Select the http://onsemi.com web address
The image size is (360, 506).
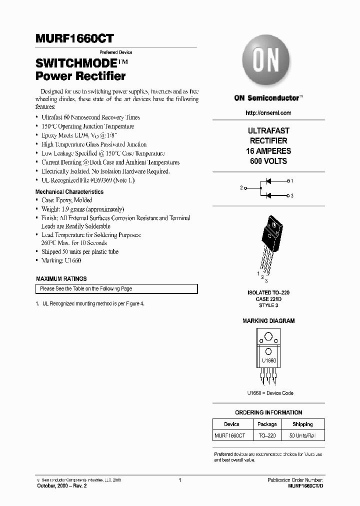coord(268,113)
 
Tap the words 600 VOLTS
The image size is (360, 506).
coord(268,161)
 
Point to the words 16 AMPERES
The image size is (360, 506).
coord(268,151)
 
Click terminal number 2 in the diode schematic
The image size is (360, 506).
coord(241,187)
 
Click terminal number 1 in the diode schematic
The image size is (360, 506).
coord(292,180)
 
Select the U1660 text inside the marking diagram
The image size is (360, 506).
coord(269,360)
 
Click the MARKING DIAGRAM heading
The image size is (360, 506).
coord(268,321)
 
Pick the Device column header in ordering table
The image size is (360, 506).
coord(231,424)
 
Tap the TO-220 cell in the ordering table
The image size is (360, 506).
coord(267,436)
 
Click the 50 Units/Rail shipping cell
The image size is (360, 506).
coord(302,436)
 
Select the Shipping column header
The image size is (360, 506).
coord(302,424)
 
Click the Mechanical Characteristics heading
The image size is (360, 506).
coord(69,192)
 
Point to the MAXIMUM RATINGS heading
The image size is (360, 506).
coord(61,279)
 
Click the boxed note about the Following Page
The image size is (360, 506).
coord(116,289)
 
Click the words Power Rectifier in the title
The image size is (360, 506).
coord(80,76)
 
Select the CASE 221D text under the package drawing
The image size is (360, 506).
coord(268,298)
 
